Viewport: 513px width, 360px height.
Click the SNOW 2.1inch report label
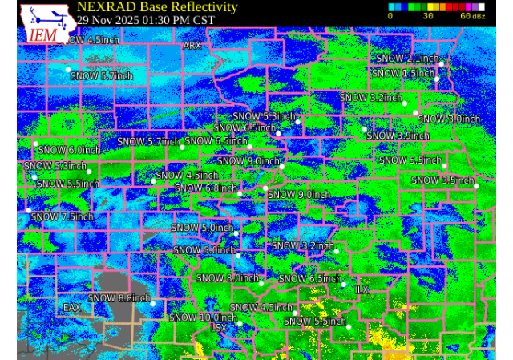[407, 59]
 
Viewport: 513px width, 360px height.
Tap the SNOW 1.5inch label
[403, 73]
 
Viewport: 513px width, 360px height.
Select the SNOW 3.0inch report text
[449, 119]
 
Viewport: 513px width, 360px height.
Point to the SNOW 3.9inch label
[398, 136]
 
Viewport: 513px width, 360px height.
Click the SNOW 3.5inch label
[442, 180]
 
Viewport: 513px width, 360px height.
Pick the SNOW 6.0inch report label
[69, 150]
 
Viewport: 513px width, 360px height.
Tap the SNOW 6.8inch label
[206, 188]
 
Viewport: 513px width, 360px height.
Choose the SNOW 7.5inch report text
[63, 216]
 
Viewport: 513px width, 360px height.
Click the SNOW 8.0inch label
[228, 278]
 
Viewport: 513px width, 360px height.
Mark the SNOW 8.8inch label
[119, 298]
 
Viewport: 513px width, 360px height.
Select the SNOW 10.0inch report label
[203, 318]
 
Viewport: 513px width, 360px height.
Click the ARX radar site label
[192, 46]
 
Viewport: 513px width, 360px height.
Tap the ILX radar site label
[362, 289]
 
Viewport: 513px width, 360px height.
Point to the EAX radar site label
[71, 307]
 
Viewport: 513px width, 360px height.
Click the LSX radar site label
[218, 327]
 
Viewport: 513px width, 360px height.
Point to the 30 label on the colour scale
[428, 16]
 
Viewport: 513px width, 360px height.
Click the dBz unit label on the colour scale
[479, 16]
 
